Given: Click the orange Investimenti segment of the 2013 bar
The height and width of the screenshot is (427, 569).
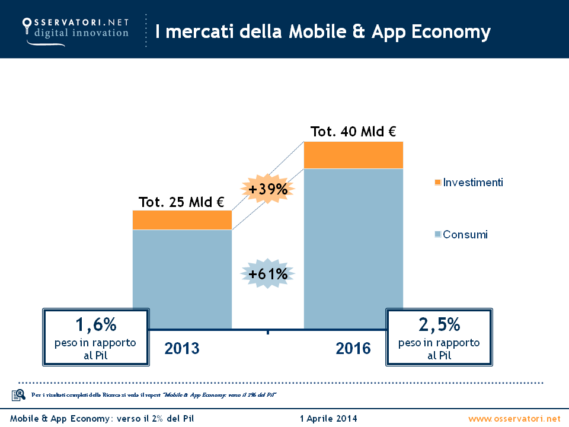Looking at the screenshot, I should pyautogui.click(x=182, y=220).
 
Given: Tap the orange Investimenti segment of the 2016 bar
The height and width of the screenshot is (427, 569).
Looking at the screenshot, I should pyautogui.click(x=353, y=155).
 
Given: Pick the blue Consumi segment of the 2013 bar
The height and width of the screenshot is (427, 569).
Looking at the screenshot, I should pyautogui.click(x=182, y=270).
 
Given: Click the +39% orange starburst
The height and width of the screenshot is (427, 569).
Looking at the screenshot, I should pyautogui.click(x=268, y=190).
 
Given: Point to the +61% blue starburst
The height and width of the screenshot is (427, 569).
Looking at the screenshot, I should pyautogui.click(x=268, y=274).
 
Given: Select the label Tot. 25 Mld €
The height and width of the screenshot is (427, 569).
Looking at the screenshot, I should pyautogui.click(x=181, y=202).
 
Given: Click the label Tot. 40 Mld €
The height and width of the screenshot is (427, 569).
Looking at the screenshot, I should pyautogui.click(x=353, y=132).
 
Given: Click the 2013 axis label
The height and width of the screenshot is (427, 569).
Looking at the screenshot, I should pyautogui.click(x=182, y=348).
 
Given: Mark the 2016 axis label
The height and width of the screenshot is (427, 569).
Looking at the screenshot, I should pyautogui.click(x=353, y=348).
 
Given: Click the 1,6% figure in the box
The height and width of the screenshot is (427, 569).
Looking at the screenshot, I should pyautogui.click(x=95, y=325).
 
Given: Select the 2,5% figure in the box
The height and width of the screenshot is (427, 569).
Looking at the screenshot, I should pyautogui.click(x=439, y=325).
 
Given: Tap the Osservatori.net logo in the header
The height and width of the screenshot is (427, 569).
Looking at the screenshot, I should pyautogui.click(x=75, y=27).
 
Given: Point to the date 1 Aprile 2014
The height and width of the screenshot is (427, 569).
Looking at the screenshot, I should pyautogui.click(x=329, y=419).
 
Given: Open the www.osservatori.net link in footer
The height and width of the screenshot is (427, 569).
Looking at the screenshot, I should pyautogui.click(x=514, y=419).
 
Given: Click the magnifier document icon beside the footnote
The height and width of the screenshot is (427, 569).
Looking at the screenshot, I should pyautogui.click(x=18, y=394).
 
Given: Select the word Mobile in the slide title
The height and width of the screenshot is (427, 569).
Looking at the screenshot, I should pyautogui.click(x=315, y=31).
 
